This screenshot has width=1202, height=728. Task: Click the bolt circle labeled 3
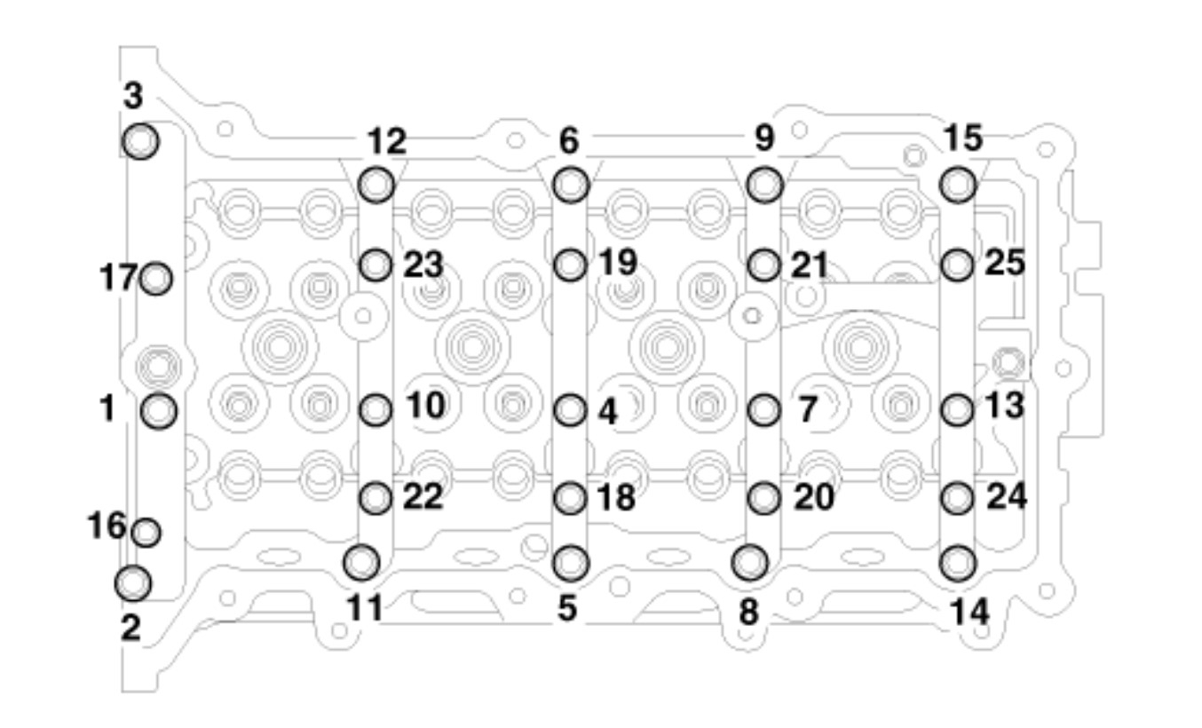140,141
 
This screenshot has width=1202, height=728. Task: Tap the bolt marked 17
156,279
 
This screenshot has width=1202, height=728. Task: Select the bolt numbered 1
159,410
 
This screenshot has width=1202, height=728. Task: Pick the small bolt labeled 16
146,533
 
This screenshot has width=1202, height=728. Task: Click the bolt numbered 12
376,184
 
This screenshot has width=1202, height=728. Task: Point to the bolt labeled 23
376,264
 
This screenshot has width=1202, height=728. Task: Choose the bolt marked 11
361,561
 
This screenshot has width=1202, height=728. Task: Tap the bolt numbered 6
570,184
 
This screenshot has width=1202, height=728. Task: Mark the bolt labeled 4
570,410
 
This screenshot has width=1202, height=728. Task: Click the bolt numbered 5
570,561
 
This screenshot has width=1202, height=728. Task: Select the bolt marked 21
763,264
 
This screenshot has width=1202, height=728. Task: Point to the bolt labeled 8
750,561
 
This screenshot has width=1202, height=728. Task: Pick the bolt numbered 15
958,184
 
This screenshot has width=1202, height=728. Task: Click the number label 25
1005,263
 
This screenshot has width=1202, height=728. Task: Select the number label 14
969,611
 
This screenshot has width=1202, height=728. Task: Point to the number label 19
617,262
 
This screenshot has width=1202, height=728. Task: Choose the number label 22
423,497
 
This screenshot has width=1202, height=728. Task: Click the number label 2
131,628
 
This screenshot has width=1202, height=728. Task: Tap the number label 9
764,138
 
